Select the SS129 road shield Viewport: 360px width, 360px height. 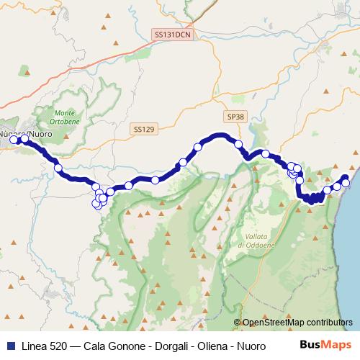point(144,129)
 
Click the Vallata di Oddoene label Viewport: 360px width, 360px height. point(257,241)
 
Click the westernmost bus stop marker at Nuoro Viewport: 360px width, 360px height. point(14,140)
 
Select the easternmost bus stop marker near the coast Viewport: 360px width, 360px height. point(346,182)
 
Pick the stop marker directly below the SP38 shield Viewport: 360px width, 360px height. point(238,144)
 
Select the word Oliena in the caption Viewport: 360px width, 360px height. point(194,346)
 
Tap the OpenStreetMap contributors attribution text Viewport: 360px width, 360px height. point(297,323)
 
